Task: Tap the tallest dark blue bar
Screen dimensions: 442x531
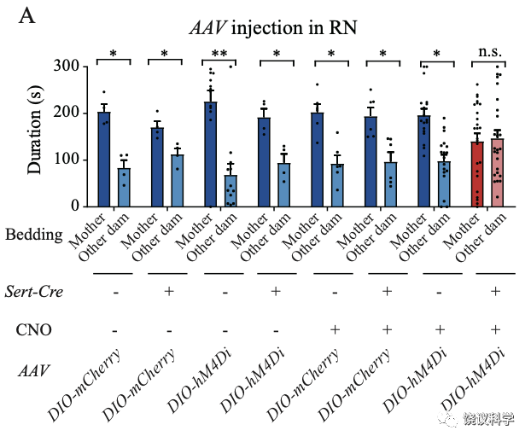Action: click(x=210, y=154)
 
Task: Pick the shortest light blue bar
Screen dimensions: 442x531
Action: click(x=230, y=190)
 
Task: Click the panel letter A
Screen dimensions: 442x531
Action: click(x=26, y=15)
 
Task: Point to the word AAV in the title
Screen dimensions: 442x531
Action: click(x=207, y=28)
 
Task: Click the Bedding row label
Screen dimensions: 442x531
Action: click(x=34, y=234)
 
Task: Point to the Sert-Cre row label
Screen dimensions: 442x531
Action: click(x=34, y=292)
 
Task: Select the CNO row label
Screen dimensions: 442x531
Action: click(x=34, y=329)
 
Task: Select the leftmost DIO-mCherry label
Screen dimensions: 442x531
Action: click(x=84, y=384)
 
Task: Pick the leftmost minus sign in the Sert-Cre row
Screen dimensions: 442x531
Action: click(x=115, y=292)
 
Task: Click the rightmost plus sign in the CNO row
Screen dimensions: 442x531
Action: click(x=496, y=329)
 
